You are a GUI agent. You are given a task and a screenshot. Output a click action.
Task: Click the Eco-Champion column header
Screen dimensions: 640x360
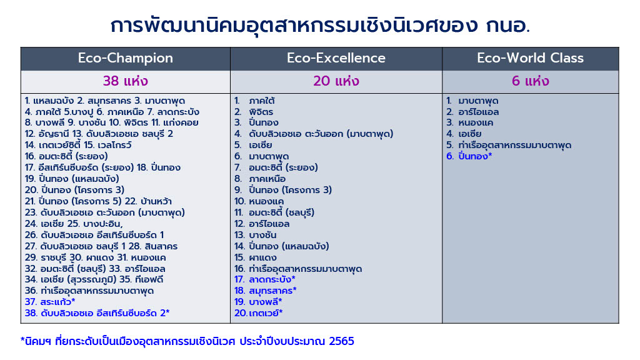125,58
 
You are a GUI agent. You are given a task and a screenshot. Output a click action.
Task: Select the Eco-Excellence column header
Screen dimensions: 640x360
336,58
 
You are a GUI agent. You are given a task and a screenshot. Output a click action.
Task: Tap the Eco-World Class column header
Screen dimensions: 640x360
530,58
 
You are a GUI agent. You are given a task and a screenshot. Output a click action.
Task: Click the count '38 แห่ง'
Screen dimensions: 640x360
125,81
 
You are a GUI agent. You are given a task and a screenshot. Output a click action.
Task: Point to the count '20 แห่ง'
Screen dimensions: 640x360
336,81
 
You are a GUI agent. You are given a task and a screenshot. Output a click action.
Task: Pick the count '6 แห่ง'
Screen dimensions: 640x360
530,81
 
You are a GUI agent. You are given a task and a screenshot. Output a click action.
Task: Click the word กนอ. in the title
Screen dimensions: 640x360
507,25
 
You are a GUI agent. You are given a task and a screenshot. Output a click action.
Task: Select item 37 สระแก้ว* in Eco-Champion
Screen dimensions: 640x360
50,302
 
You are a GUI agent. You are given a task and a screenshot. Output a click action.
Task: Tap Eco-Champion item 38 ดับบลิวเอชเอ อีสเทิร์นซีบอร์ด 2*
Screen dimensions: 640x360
97,313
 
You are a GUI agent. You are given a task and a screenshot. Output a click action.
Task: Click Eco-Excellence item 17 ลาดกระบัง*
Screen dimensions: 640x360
264,279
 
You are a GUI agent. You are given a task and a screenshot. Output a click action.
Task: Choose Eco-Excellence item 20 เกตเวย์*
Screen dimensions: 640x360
258,313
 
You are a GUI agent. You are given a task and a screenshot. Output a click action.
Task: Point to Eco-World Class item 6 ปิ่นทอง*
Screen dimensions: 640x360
469,156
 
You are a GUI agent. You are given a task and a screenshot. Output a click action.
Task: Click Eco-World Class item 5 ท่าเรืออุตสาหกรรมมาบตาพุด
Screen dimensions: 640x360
509,145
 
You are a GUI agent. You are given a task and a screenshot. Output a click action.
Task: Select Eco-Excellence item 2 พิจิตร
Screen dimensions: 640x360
254,112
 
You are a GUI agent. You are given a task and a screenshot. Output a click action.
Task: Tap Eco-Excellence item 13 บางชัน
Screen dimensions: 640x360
255,235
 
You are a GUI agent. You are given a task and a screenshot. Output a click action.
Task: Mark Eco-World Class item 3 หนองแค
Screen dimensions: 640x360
469,122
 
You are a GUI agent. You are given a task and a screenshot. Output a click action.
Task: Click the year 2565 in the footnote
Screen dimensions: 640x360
341,341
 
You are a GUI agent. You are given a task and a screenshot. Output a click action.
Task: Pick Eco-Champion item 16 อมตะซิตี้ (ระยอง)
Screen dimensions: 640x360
66,156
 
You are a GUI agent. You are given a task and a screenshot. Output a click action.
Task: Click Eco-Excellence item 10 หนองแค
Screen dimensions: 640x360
259,201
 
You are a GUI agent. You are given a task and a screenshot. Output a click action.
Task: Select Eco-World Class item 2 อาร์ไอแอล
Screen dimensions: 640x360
472,112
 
